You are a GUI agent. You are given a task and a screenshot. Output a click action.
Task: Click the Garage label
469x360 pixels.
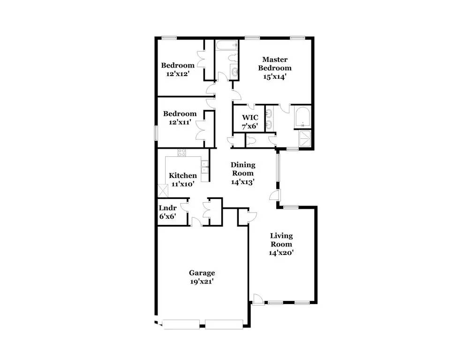click(202, 273)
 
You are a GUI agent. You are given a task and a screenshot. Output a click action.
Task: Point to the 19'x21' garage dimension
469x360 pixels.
click(202, 282)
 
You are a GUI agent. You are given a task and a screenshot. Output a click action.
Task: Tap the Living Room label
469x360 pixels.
click(281, 240)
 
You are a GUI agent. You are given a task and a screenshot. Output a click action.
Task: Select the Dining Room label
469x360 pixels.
click(243, 169)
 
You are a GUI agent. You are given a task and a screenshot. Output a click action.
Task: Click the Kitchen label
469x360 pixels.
click(183, 176)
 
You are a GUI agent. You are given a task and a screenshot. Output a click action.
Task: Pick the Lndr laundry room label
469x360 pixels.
click(167, 208)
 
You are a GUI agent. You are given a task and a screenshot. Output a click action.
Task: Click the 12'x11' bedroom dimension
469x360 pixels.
click(180, 122)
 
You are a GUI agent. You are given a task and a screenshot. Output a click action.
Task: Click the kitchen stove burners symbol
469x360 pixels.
click(182, 153)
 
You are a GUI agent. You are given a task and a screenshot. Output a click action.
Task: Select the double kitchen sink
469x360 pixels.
click(205, 168)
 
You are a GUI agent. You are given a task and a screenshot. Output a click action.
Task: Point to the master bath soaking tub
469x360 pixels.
click(303, 117)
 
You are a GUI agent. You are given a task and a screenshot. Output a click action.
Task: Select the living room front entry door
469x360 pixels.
click(257, 299)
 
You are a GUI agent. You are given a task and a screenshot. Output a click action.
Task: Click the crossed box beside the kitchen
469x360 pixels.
click(163, 190)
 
